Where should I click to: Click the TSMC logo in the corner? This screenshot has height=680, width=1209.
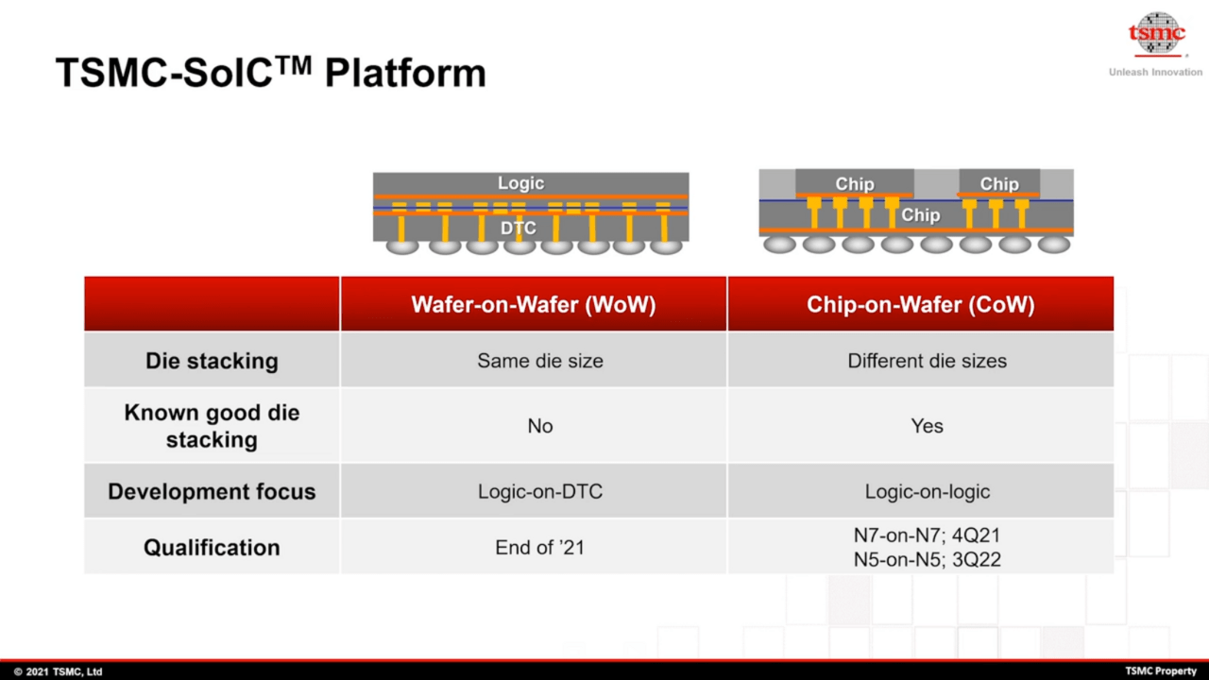[1156, 34]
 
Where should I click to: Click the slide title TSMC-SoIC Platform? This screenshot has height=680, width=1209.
[270, 73]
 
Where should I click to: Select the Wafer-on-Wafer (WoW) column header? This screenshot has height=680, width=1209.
[533, 304]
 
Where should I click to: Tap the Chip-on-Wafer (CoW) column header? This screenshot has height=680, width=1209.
[920, 304]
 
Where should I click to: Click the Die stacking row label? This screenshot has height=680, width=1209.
[212, 361]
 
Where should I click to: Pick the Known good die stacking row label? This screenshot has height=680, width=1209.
[212, 426]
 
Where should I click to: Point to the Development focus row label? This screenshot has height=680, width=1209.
[212, 491]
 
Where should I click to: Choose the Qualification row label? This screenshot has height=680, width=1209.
[212, 547]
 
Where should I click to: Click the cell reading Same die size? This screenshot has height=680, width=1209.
[539, 361]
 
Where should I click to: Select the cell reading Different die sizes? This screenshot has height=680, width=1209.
[927, 361]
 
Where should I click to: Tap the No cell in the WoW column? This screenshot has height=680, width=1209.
[539, 426]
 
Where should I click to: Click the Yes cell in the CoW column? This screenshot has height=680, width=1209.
[927, 426]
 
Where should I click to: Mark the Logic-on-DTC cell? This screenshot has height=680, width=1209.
[539, 491]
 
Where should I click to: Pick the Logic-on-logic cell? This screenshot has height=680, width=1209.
[927, 491]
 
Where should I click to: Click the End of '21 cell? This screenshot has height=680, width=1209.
[539, 547]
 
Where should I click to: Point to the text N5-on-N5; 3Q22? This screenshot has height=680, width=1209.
[927, 559]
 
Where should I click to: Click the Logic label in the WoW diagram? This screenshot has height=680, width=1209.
[520, 183]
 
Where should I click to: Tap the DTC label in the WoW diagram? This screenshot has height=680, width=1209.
[518, 228]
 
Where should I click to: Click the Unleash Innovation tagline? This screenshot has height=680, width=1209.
[1155, 73]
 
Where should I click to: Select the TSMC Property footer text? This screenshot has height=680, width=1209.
[1161, 671]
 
